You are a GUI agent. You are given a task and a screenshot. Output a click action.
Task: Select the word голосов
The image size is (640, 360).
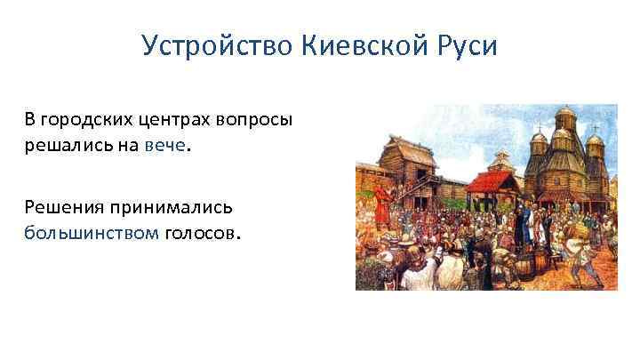201,233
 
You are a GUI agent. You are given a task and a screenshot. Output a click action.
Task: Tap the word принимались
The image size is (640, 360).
172,207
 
